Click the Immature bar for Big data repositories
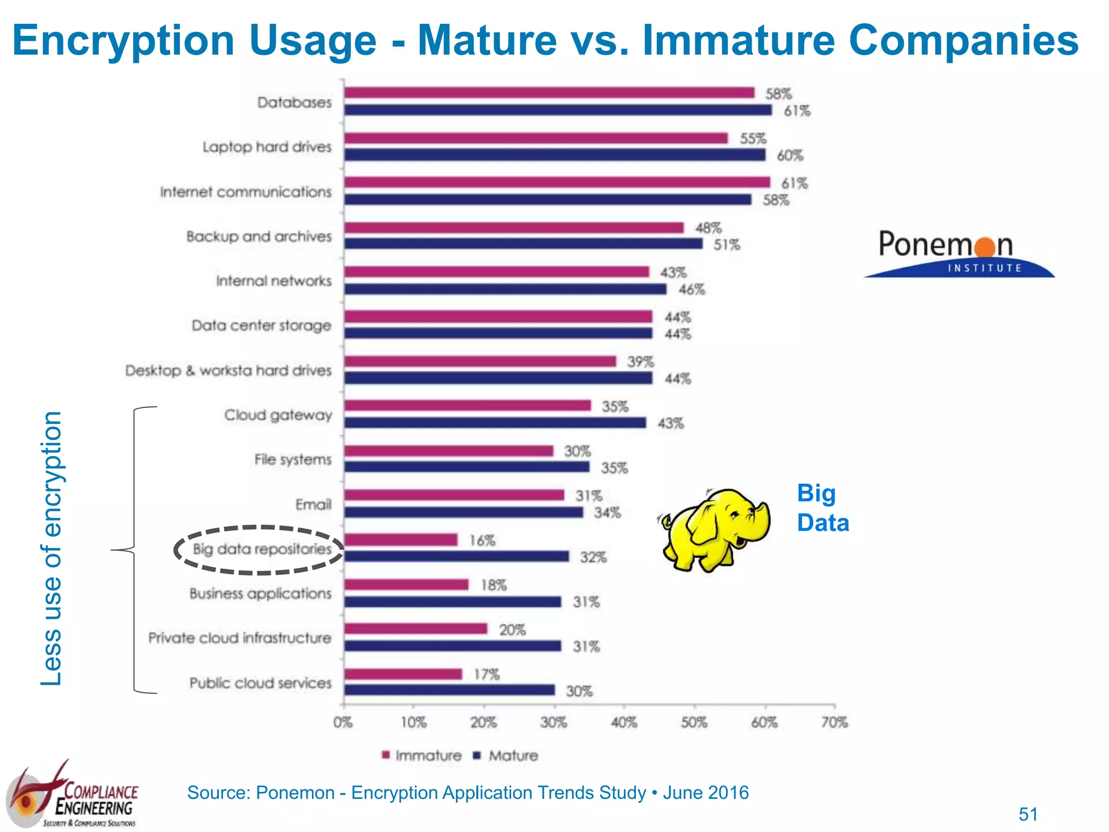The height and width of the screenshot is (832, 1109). (401, 539)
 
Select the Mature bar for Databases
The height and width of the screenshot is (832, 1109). (558, 110)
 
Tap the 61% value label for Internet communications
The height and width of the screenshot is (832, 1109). (794, 183)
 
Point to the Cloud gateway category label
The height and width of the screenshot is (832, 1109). (278, 415)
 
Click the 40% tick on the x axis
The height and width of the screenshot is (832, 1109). (624, 722)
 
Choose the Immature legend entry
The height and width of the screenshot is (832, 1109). (422, 756)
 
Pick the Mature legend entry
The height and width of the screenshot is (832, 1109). (506, 756)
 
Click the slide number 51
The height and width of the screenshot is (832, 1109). (1028, 814)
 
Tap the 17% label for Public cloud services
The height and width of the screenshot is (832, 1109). (486, 674)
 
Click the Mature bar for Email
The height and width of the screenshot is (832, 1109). (464, 512)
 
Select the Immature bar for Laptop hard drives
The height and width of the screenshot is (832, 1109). (536, 138)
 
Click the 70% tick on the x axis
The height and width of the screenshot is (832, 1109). (834, 722)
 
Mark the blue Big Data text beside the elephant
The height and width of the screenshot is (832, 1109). (822, 508)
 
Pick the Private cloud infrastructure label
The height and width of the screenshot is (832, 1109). (239, 638)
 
